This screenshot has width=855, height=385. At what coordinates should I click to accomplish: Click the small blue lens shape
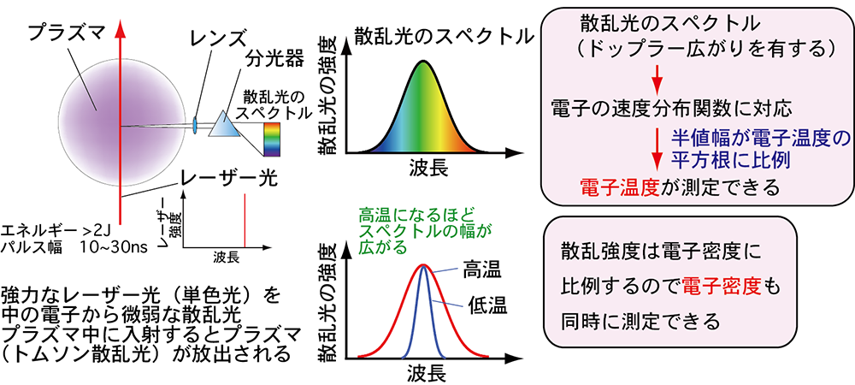click(196, 126)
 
